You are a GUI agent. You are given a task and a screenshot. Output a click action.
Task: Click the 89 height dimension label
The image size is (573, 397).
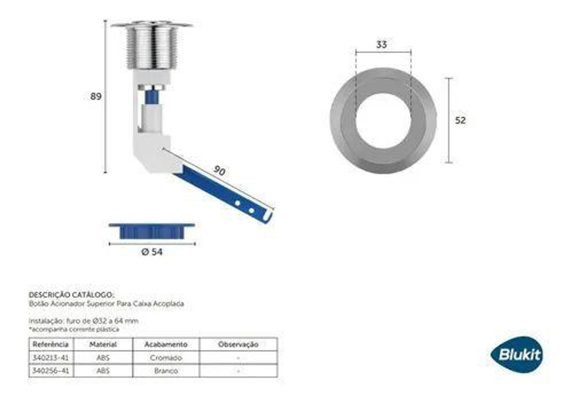coord(95,96)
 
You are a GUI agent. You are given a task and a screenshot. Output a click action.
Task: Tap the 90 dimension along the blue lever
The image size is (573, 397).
coord(219,170)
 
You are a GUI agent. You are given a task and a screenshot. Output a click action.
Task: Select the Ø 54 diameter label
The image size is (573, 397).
coord(152,252)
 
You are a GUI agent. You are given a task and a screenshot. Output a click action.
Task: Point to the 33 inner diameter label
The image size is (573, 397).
coord(381,45)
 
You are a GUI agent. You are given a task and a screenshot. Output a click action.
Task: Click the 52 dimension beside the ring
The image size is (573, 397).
coord(460,121)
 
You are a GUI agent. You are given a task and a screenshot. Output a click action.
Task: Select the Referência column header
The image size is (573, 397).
coord(51,344)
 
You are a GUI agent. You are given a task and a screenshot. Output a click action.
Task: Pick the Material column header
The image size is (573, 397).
coord(103,344)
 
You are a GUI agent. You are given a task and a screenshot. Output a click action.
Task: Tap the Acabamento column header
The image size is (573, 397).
coord(166,344)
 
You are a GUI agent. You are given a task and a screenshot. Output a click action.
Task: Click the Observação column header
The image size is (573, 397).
coord(238,344)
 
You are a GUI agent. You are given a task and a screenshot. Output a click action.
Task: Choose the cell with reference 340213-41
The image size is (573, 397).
coord(51,358)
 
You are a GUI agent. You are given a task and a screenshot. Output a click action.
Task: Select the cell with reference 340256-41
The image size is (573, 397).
coord(51,371)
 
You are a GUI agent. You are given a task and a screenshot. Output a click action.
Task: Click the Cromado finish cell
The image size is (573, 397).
coord(166,358)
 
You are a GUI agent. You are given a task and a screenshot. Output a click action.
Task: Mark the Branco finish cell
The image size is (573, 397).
coord(166,371)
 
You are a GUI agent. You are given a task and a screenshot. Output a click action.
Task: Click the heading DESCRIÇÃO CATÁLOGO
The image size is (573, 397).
coord(71,295)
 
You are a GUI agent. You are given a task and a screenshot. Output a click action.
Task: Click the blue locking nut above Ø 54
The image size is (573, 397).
coord(152,231)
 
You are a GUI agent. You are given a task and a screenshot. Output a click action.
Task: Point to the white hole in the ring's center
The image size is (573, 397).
coord(383,121)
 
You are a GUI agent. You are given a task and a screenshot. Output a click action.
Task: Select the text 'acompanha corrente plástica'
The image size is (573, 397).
coord(74,329)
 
